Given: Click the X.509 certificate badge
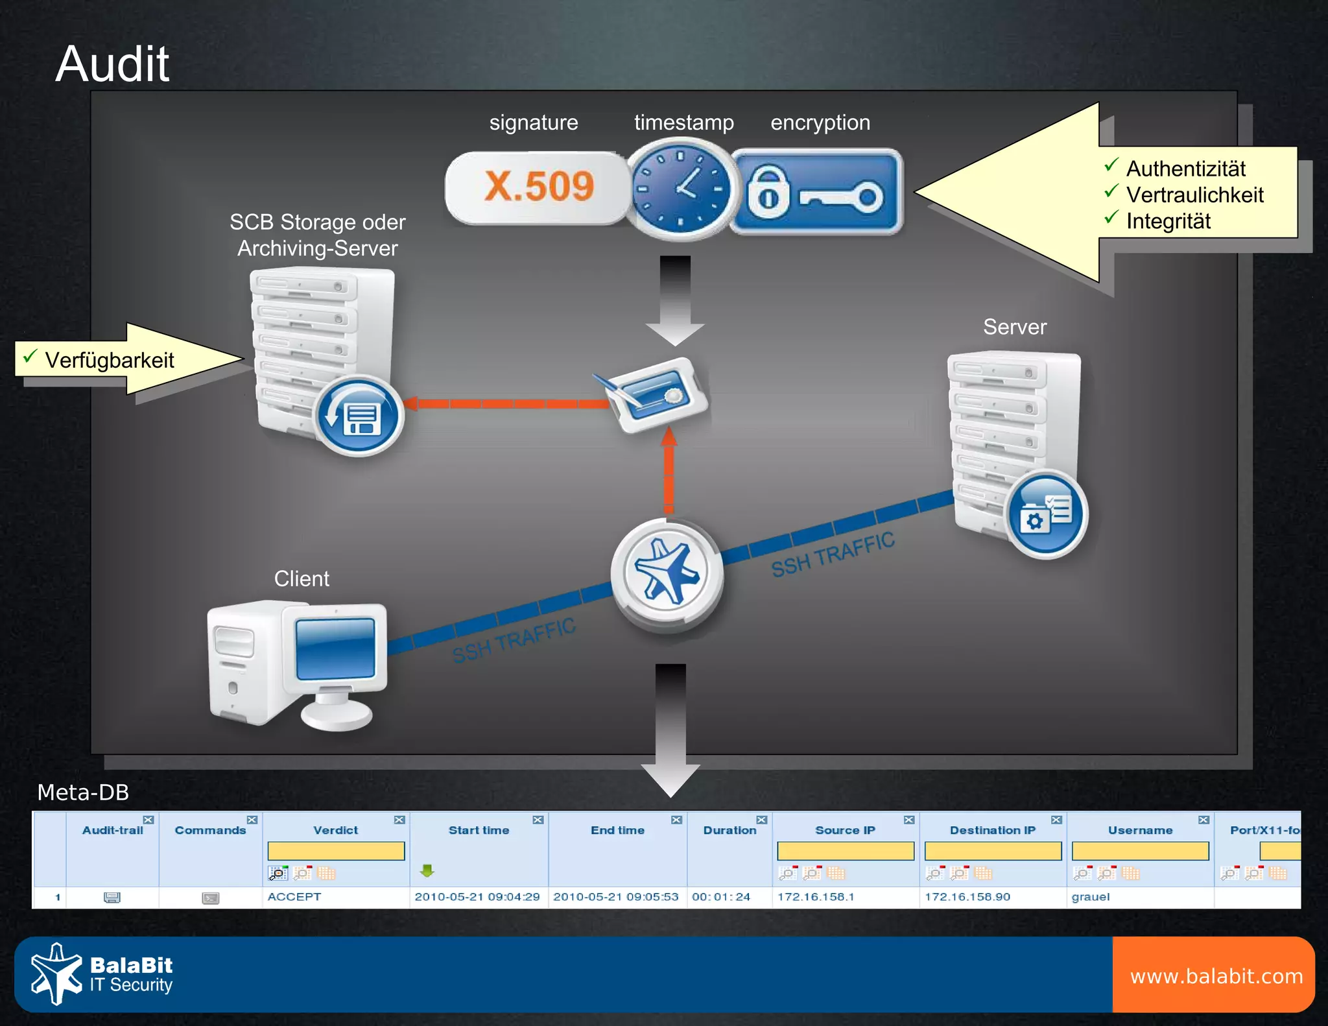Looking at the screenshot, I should (538, 188).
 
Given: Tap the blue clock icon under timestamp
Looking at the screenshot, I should (681, 189).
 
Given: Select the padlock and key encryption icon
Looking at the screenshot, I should (816, 192).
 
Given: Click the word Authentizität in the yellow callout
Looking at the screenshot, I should (1185, 169).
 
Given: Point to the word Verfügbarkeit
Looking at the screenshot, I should (109, 360).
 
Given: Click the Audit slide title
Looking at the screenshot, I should (112, 64).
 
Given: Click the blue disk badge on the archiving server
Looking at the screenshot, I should (359, 416).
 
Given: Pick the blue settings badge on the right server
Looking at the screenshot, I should (1045, 514).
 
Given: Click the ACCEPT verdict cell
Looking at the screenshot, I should (294, 897).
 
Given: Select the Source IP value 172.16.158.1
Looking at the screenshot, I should (816, 897).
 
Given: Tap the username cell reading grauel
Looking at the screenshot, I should (1091, 897).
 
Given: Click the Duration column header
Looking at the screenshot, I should (729, 830).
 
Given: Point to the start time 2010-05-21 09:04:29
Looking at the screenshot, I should (477, 897).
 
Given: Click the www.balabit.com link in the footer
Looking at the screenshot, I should (1216, 976).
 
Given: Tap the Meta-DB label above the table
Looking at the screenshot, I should (83, 793).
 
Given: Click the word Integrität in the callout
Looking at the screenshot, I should (1168, 221).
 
